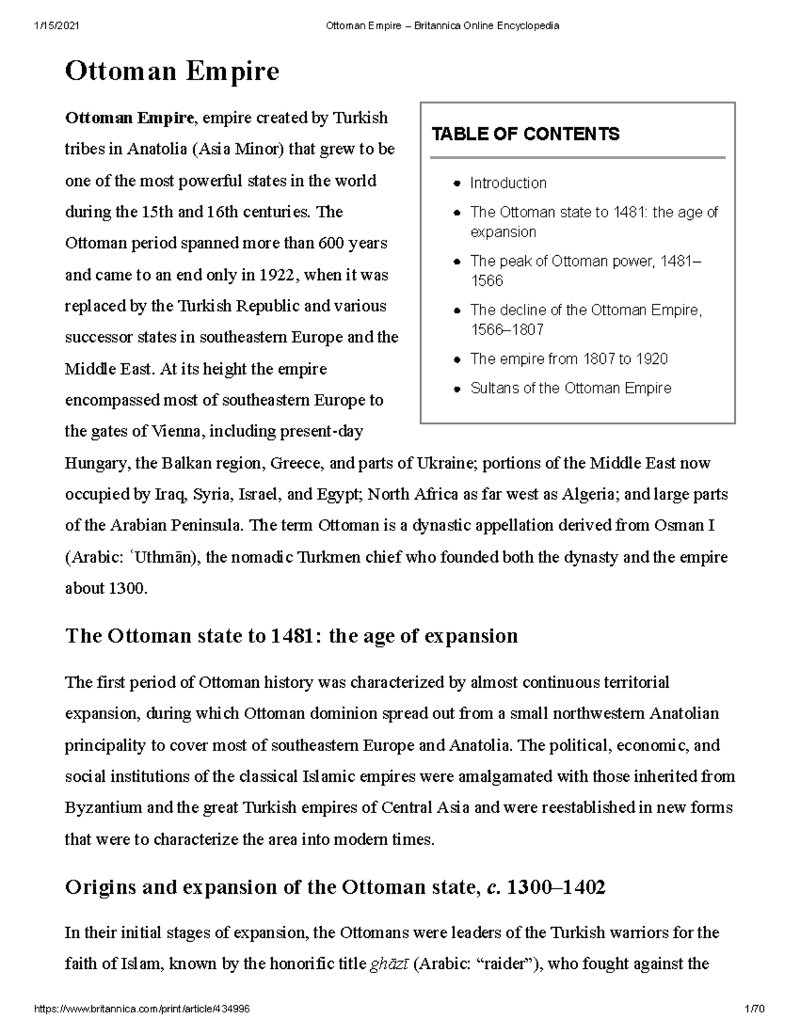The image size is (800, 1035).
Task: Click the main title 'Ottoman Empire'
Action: click(x=171, y=71)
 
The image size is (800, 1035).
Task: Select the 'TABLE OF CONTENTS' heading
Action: click(x=525, y=134)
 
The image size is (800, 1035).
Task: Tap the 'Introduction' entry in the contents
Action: click(x=508, y=183)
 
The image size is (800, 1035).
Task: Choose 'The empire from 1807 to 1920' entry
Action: click(x=569, y=359)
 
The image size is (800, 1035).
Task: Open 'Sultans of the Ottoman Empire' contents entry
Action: click(x=571, y=388)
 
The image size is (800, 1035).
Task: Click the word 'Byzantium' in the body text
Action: click(x=103, y=807)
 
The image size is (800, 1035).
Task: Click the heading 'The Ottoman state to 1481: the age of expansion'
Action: click(x=291, y=636)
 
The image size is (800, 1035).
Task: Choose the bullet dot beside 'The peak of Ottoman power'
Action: click(x=456, y=262)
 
